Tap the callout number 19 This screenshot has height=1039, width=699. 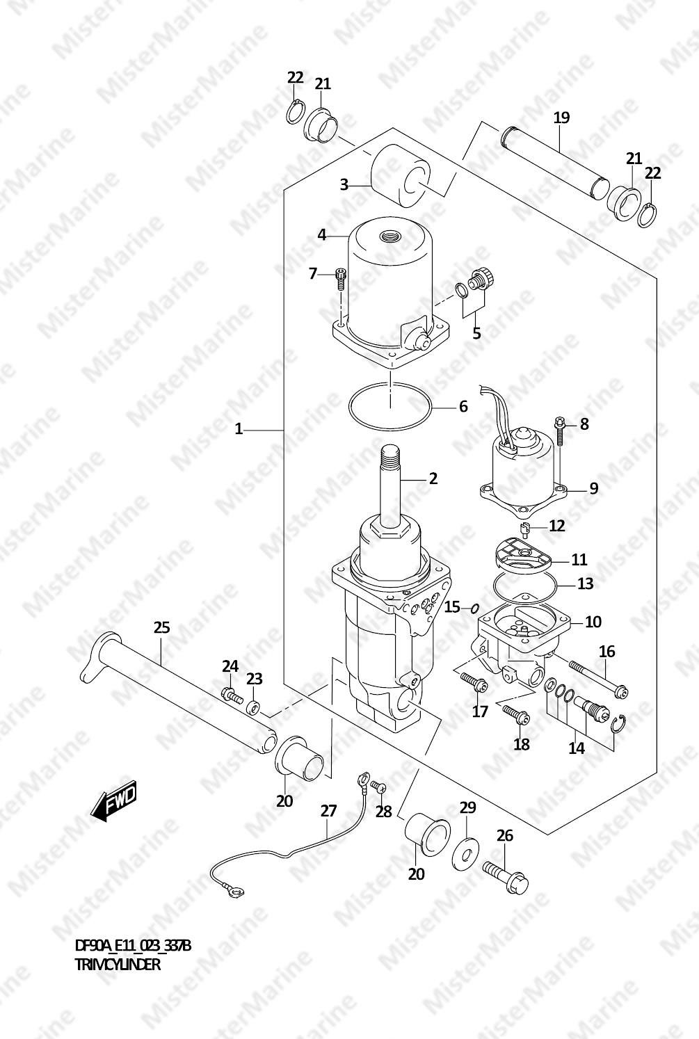(x=561, y=118)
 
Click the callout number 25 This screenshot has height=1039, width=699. (x=162, y=628)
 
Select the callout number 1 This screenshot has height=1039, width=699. (x=239, y=430)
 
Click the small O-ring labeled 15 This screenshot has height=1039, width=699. (x=475, y=608)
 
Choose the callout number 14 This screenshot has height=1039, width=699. (x=577, y=748)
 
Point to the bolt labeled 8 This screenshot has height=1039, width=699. (x=559, y=431)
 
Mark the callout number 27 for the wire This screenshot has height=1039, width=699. (x=328, y=812)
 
